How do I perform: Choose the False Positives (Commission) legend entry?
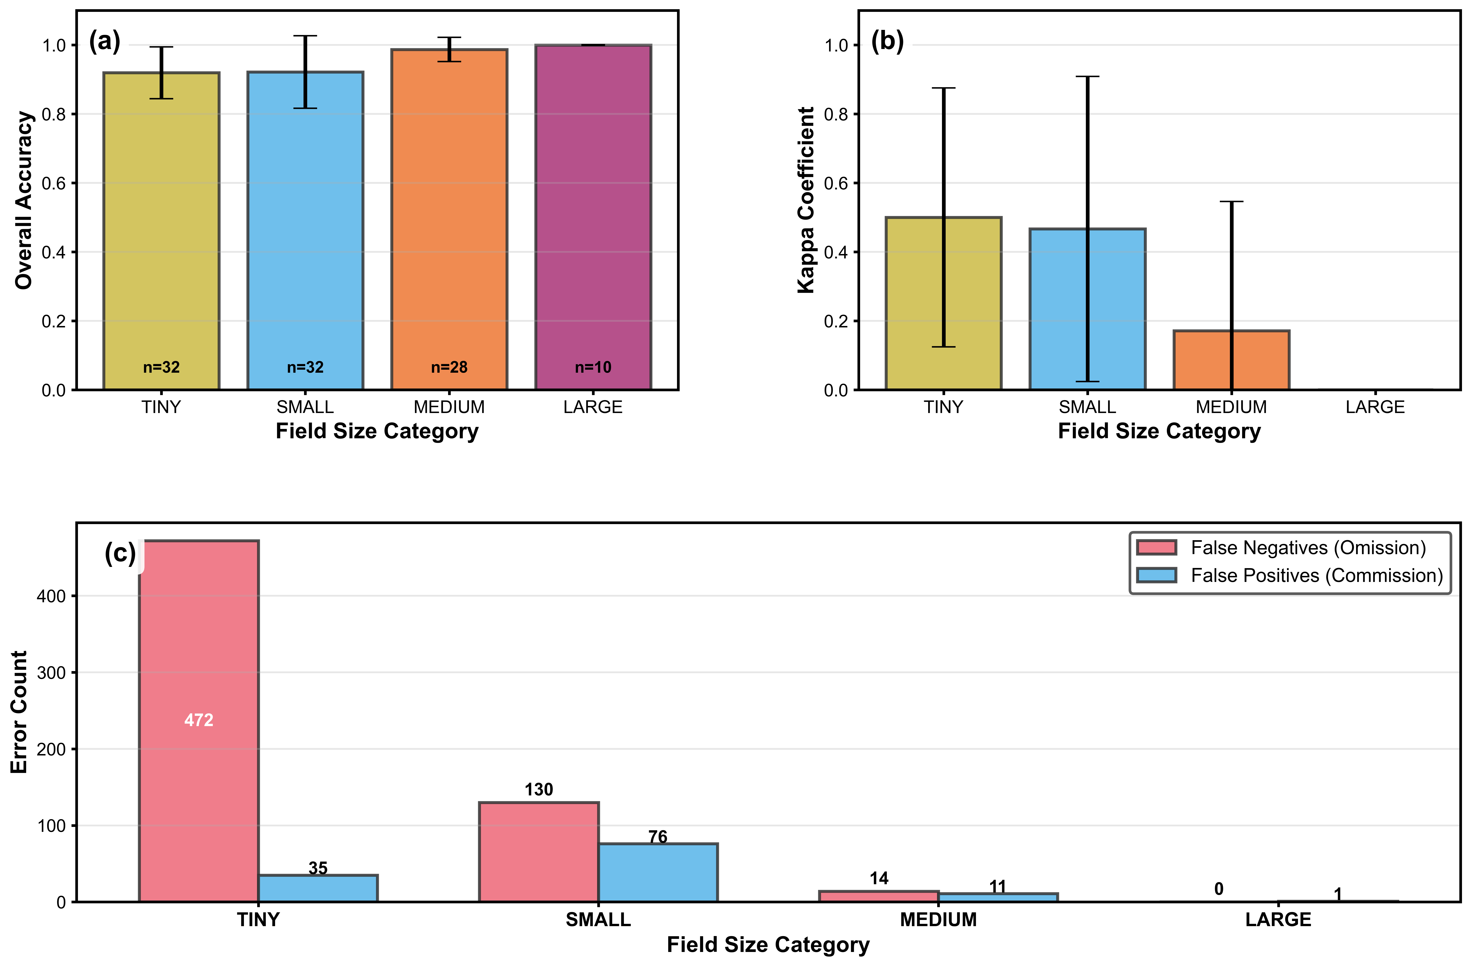[1317, 576]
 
